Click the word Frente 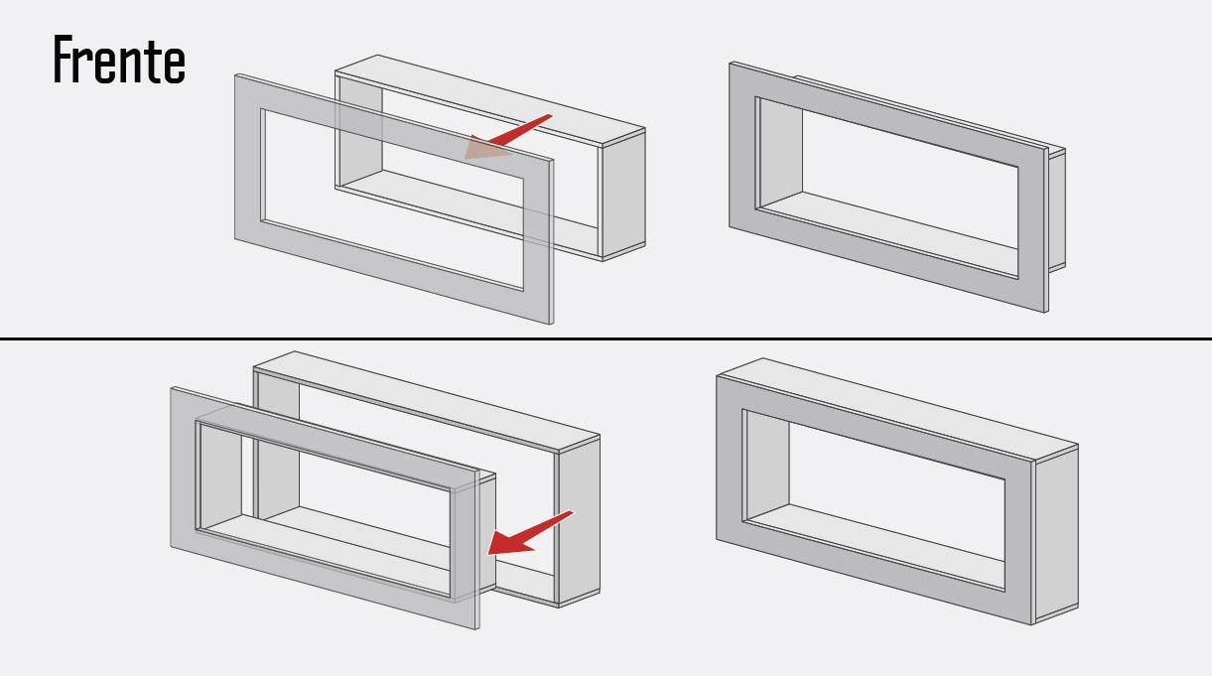(x=119, y=60)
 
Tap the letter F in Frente (x=63, y=60)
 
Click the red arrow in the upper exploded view (x=507, y=137)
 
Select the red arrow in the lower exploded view (x=530, y=533)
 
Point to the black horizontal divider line (x=606, y=338)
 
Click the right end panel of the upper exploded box (x=623, y=195)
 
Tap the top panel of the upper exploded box (x=489, y=100)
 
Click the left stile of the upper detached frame (x=248, y=160)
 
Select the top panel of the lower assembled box (x=898, y=409)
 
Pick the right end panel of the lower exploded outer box (x=579, y=521)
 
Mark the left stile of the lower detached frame (x=183, y=470)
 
